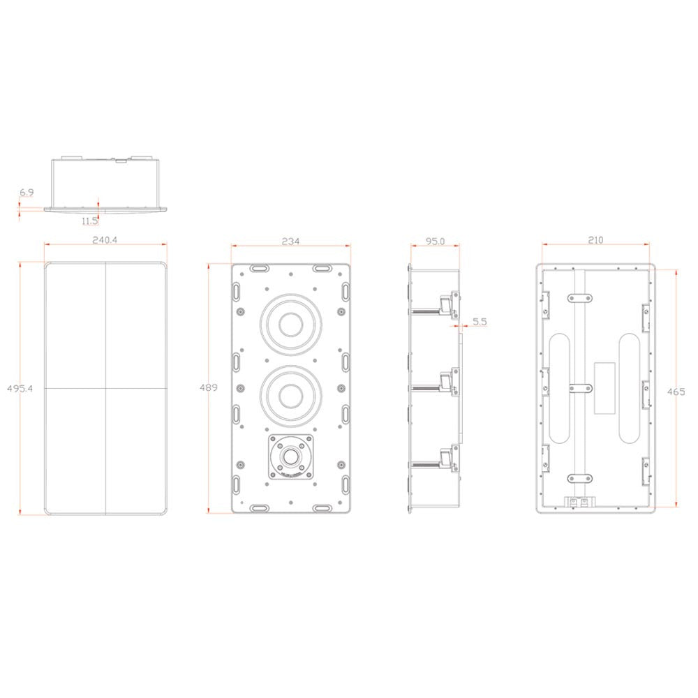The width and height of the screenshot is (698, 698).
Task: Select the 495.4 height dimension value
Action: [x=10, y=387]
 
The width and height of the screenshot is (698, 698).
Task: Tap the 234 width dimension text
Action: [x=290, y=241]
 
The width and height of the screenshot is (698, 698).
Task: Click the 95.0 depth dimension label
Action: [x=434, y=241]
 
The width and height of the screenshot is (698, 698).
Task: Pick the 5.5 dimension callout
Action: [x=480, y=322]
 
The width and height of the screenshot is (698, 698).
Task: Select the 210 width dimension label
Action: [x=595, y=240]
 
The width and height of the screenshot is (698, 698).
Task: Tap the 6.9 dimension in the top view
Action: [x=26, y=191]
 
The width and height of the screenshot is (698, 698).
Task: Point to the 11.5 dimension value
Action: [x=89, y=221]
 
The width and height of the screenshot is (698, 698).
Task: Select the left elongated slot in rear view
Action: [x=560, y=387]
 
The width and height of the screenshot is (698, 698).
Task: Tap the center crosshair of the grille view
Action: [x=106, y=387]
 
